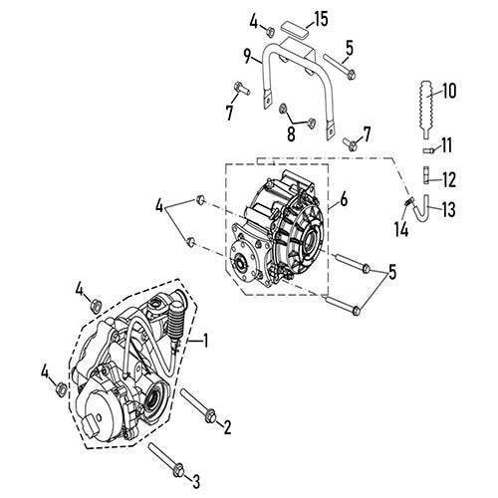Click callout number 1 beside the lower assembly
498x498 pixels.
point(205,341)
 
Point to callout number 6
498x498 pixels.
point(345,200)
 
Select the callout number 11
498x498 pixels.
point(447,145)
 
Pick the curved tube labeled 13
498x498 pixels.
point(426,210)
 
